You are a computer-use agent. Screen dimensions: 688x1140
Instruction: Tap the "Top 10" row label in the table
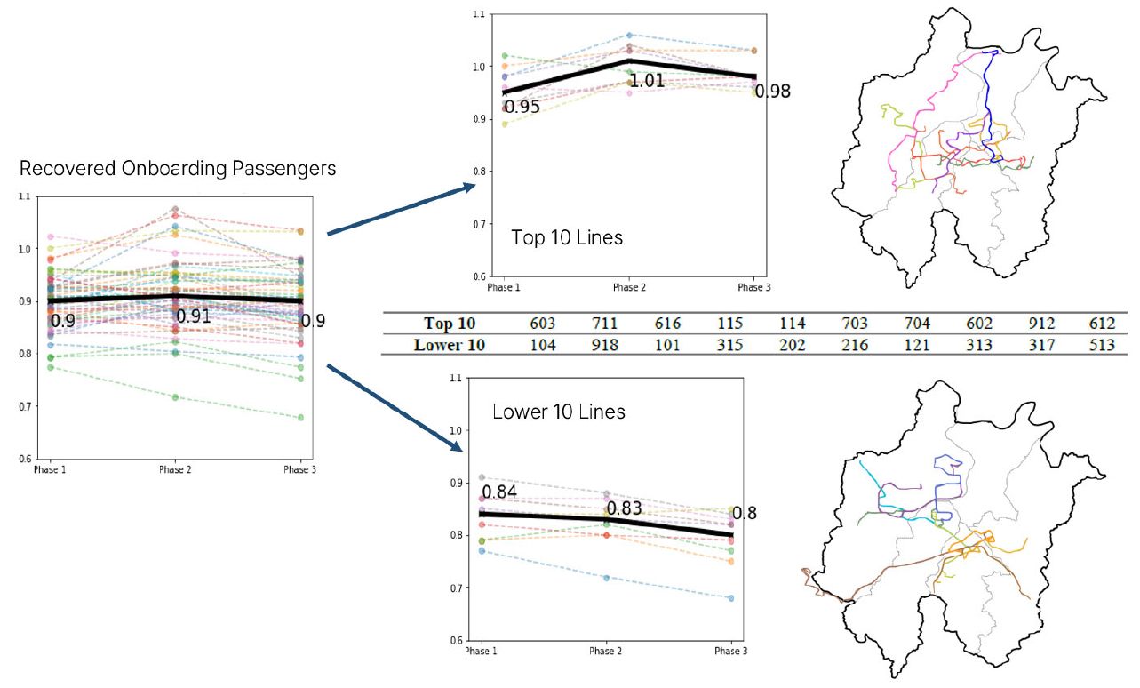coord(450,324)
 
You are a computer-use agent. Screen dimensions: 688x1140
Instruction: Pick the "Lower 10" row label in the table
coord(450,345)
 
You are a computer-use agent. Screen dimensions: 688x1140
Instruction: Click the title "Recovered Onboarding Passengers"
coord(178,168)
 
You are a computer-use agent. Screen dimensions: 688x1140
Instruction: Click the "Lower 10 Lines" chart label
coord(559,412)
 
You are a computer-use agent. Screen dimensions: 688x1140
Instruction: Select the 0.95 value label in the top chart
coord(522,108)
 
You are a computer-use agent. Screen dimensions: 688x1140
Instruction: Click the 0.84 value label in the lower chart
coord(499,492)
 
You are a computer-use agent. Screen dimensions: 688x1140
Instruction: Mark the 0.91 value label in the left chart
coord(195,316)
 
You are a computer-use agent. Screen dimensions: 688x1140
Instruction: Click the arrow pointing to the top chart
coord(400,209)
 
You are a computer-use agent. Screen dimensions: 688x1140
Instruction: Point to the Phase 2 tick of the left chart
coord(174,469)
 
